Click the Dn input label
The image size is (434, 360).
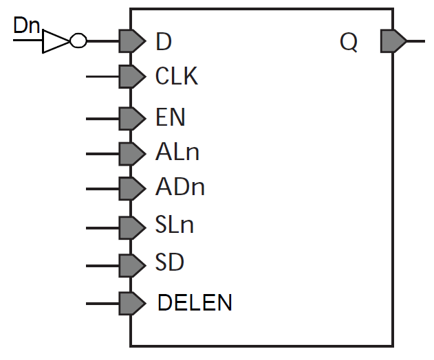tap(28, 27)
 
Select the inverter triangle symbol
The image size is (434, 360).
tap(56, 41)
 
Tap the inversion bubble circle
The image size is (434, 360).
tap(78, 41)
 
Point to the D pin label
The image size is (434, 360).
tap(164, 42)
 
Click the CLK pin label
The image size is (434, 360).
tap(177, 76)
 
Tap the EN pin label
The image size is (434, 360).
tap(171, 117)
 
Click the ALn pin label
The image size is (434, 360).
tap(177, 152)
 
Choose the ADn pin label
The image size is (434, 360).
tap(180, 187)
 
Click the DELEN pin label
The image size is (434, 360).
tap(195, 302)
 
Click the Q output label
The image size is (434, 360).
tap(349, 42)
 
